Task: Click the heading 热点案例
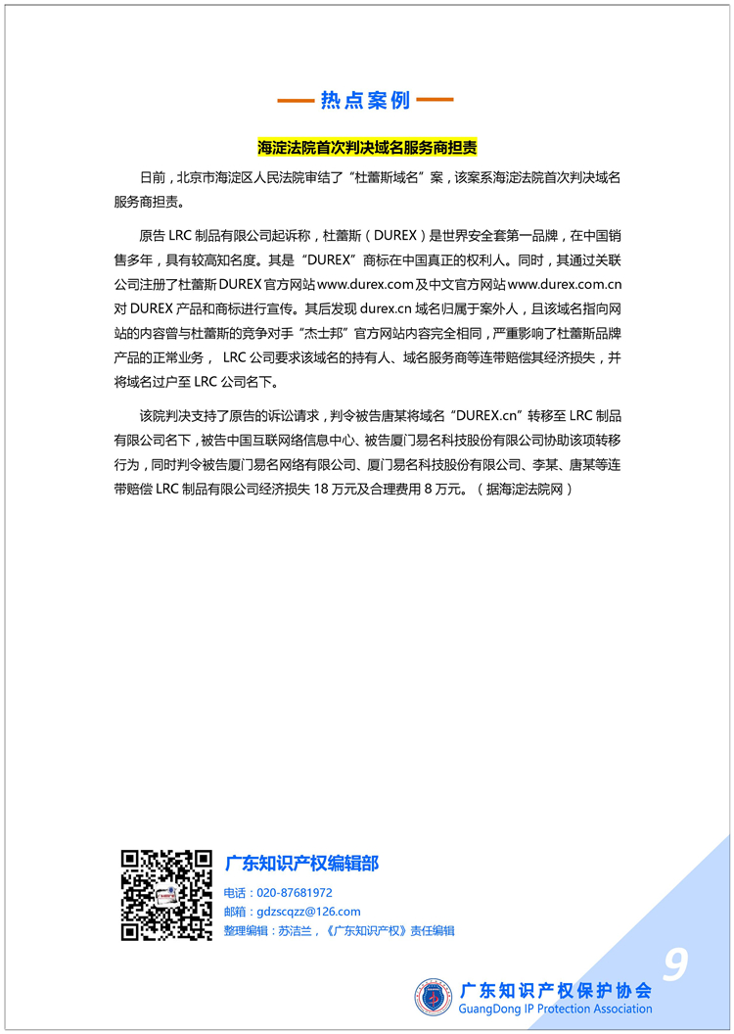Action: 366,101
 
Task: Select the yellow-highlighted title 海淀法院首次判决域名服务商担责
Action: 366,148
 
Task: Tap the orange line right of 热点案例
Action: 436,101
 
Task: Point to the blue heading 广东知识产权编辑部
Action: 301,864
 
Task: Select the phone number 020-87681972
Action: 294,893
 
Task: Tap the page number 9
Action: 674,965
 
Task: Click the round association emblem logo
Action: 434,997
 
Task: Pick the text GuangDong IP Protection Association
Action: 556,1009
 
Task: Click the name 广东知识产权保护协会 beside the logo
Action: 556,990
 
